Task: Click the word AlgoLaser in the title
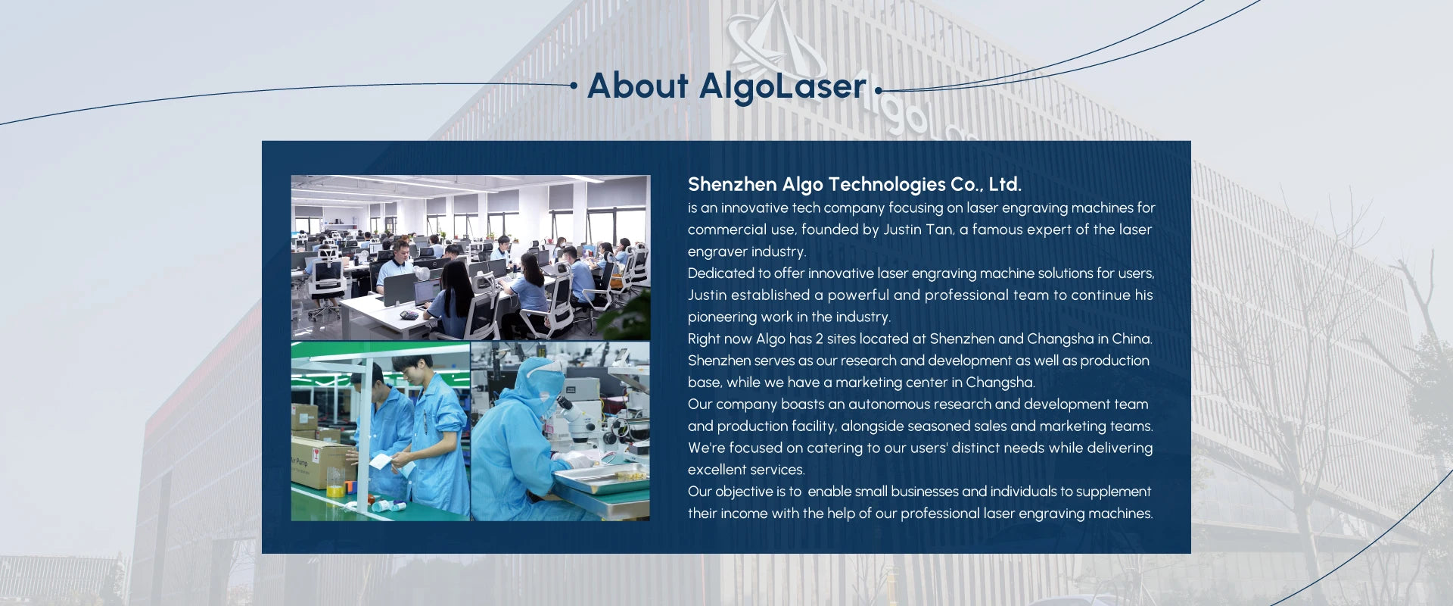pyautogui.click(x=783, y=86)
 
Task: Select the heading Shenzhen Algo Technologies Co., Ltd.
pyautogui.click(x=854, y=184)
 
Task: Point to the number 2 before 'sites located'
pyautogui.click(x=819, y=339)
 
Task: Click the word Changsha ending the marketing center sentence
pyautogui.click(x=1000, y=383)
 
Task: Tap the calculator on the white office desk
pyautogui.click(x=409, y=314)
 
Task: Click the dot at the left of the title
pyautogui.click(x=574, y=86)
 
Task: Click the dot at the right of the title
pyautogui.click(x=879, y=90)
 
